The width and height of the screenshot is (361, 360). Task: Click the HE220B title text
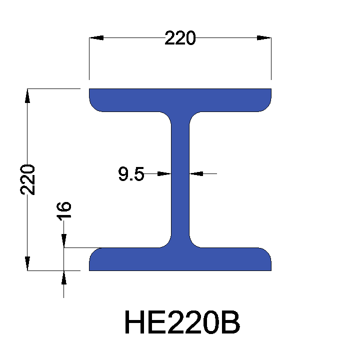182,323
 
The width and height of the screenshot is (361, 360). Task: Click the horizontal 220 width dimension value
180,38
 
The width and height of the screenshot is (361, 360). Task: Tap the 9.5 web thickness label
131,174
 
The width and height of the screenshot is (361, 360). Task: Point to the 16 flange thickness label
64,210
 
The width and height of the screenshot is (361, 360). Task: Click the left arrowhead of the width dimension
96,38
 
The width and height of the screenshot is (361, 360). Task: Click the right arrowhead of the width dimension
264,38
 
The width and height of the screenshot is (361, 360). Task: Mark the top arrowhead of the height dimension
27,95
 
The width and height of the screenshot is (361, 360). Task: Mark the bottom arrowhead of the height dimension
27,263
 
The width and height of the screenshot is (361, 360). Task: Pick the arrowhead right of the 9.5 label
164,174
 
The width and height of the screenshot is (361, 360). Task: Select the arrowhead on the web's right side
197,174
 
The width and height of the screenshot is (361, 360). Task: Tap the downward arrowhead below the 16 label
64,241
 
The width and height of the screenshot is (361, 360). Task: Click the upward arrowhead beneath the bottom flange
64,277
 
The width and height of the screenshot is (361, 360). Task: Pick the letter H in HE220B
134,323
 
